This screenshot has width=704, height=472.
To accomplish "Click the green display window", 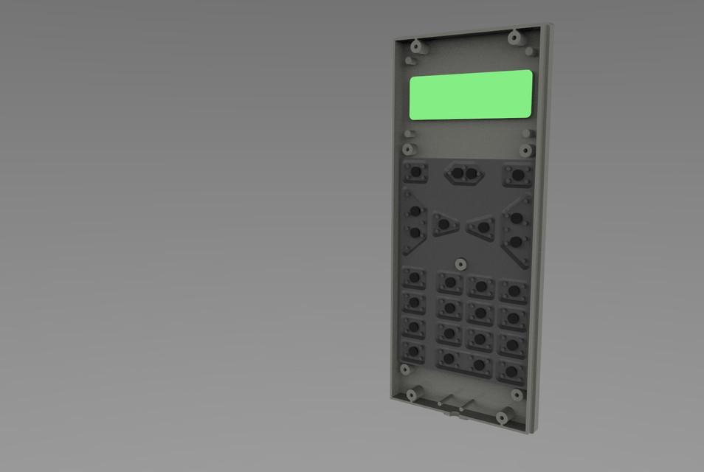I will [x=471, y=94].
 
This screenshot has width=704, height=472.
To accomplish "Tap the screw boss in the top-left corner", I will [x=416, y=46].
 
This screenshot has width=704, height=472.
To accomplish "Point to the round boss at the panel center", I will [x=460, y=263].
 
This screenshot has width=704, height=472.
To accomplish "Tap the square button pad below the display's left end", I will [x=415, y=172].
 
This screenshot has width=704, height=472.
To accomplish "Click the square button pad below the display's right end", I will [x=517, y=175].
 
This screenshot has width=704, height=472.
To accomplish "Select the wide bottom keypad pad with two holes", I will [x=463, y=361].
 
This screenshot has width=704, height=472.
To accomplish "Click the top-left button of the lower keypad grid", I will [x=414, y=278].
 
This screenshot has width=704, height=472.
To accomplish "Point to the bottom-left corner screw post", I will [x=410, y=395].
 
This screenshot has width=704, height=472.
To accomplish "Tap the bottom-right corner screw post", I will [x=502, y=417].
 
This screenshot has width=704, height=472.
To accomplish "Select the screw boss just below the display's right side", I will [x=525, y=150].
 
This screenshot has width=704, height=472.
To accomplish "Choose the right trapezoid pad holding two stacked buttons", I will [x=517, y=229].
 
